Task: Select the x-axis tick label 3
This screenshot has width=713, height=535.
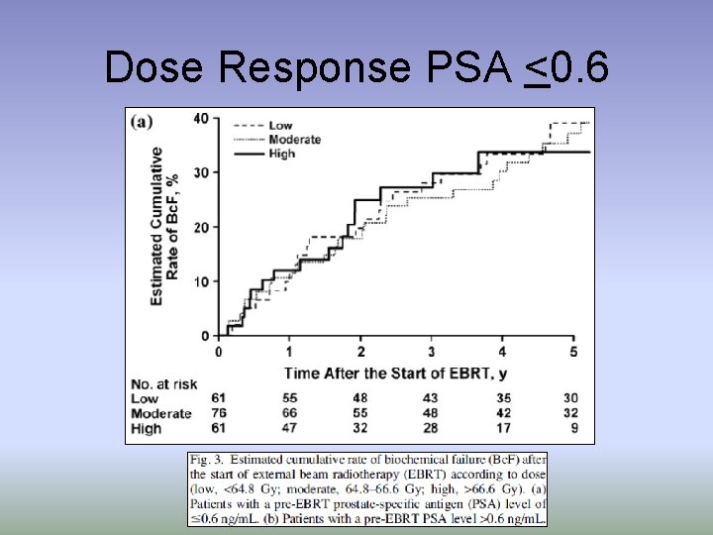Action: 432,353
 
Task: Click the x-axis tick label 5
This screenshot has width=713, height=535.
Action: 573,353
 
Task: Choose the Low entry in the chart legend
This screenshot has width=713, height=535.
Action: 280,126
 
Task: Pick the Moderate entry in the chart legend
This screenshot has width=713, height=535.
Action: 294,140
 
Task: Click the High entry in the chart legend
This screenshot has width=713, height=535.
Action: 281,154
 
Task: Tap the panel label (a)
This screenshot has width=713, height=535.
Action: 144,121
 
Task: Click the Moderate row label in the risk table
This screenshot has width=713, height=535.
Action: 161,413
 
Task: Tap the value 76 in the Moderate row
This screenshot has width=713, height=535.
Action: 219,413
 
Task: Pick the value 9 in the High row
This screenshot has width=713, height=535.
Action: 573,428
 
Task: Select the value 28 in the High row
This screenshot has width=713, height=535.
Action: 432,428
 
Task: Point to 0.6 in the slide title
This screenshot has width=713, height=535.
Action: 581,68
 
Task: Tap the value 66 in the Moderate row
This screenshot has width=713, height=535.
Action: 288,413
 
